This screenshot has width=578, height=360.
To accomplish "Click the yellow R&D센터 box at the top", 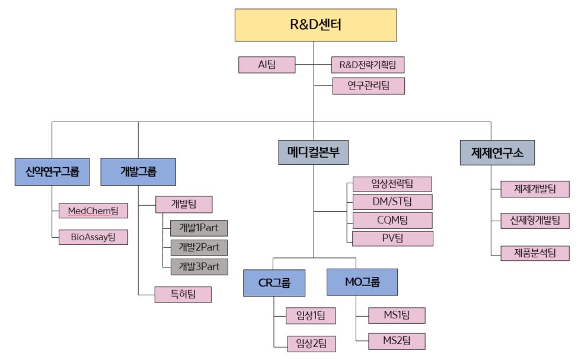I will [315, 25].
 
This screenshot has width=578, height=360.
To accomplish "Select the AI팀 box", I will [266, 65].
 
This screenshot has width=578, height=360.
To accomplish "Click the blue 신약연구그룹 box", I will [48, 172].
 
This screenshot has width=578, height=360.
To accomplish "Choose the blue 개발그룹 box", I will [138, 172].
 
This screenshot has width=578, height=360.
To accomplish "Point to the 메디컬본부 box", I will [313, 152].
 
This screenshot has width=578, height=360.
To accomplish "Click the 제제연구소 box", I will [497, 152].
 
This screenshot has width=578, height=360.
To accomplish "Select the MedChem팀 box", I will [93, 211].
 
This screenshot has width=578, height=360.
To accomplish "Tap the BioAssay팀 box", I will [93, 237].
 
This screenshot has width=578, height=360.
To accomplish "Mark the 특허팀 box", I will [183, 294].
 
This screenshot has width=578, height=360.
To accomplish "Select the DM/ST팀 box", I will [392, 202].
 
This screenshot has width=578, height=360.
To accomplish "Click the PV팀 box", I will [392, 238].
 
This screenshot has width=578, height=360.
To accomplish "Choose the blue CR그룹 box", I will [274, 282].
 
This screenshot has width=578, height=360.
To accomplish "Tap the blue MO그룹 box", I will [362, 282].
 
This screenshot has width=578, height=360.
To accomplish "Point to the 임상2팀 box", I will [311, 343].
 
